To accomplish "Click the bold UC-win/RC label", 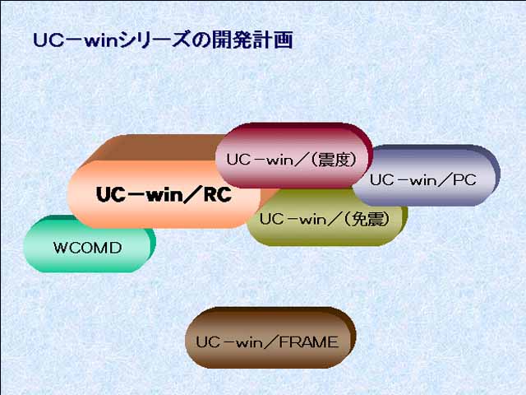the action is [164, 194].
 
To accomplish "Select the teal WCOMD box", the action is [90, 244].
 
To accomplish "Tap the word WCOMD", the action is [88, 248].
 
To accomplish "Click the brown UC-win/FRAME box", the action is [270, 337].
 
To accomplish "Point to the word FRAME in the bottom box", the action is [309, 342].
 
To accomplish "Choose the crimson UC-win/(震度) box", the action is [294, 156].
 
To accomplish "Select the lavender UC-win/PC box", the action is [426, 175].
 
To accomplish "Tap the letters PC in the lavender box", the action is [464, 180].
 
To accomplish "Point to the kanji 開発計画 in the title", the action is [252, 40].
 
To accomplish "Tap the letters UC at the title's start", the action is [48, 40].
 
